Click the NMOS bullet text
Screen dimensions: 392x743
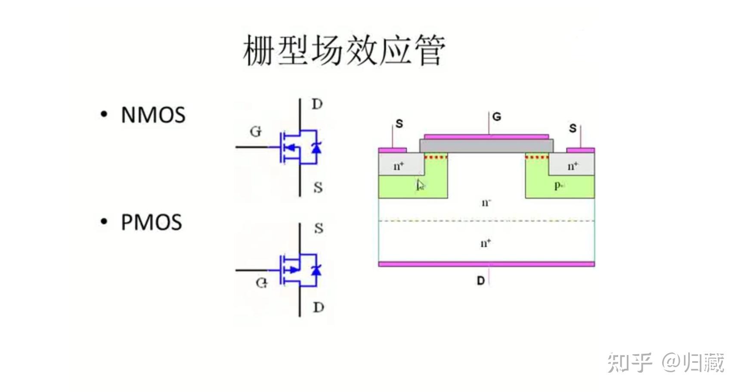coord(153,115)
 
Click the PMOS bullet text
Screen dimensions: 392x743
coord(151,223)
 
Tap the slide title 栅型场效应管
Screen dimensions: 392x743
coord(344,51)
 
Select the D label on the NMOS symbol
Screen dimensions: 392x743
coord(317,104)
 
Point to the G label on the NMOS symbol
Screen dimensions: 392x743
coord(256,132)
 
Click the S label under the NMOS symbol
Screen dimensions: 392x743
coord(318,188)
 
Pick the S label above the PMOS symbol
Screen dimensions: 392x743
coord(319,228)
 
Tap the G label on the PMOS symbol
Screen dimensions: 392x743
coord(261,283)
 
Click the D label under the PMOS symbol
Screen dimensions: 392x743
coord(319,308)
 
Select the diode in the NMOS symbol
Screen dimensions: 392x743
coord(316,148)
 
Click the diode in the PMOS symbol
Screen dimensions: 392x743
coord(316,270)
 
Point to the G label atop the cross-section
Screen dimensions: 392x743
coord(496,117)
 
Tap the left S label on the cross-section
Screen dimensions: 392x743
coord(399,124)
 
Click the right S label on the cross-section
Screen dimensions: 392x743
coord(573,129)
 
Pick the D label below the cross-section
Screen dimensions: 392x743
coord(481,281)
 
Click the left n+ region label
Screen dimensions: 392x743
coord(399,166)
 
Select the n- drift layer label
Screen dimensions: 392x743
coord(486,202)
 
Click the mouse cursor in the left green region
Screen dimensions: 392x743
coord(420,185)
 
